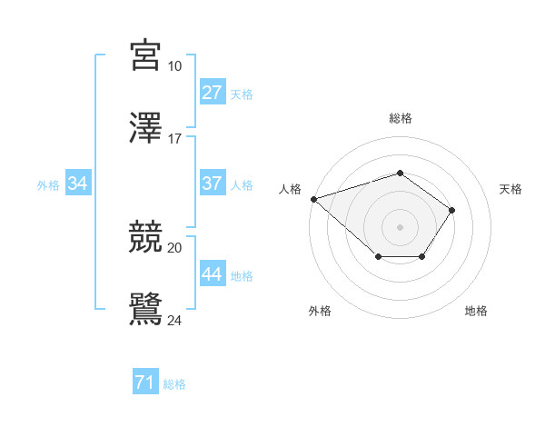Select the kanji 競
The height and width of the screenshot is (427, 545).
(146, 238)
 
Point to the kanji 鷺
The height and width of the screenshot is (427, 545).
(146, 309)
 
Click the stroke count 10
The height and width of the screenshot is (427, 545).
(175, 66)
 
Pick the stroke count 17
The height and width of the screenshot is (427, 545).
(175, 139)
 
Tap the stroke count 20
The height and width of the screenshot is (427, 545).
(175, 247)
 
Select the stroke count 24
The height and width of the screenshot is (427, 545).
(175, 319)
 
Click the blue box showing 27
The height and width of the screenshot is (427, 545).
(213, 93)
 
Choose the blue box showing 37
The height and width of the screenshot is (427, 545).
(213, 184)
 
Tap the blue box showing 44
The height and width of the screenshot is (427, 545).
(213, 274)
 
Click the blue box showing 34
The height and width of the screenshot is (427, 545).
(78, 184)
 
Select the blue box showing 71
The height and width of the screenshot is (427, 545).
(144, 383)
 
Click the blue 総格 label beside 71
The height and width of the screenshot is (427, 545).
(174, 384)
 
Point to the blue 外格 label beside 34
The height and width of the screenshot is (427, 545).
(48, 184)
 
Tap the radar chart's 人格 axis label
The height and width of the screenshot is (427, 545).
(290, 189)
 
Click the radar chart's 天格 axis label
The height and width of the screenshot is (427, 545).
(511, 189)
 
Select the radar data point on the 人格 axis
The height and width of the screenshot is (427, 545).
(313, 199)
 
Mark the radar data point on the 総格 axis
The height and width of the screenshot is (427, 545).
(400, 173)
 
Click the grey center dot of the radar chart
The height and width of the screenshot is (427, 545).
(400, 227)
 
